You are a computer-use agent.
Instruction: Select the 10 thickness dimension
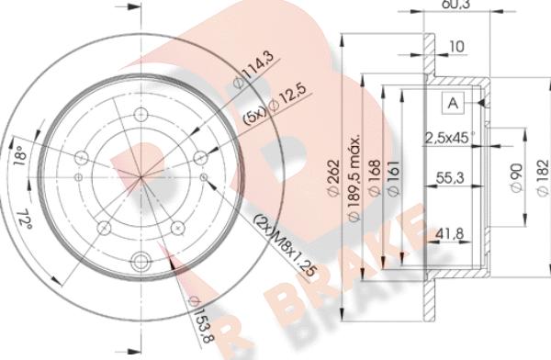tap(456, 45)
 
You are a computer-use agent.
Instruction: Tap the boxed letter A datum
tap(453, 103)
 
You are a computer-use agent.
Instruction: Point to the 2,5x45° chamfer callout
tap(447, 140)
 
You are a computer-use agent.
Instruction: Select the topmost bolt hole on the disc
tap(141, 115)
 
